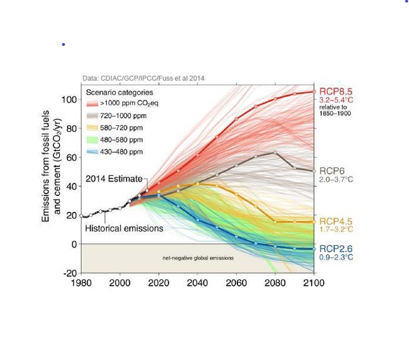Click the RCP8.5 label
(336, 92)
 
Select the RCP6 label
(331, 171)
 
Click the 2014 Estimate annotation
(114, 179)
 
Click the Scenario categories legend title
(119, 92)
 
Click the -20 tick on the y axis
(69, 273)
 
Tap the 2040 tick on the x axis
(197, 282)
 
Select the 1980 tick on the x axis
(81, 282)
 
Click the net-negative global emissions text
(197, 258)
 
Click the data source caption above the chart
(143, 78)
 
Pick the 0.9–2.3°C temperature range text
(336, 258)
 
